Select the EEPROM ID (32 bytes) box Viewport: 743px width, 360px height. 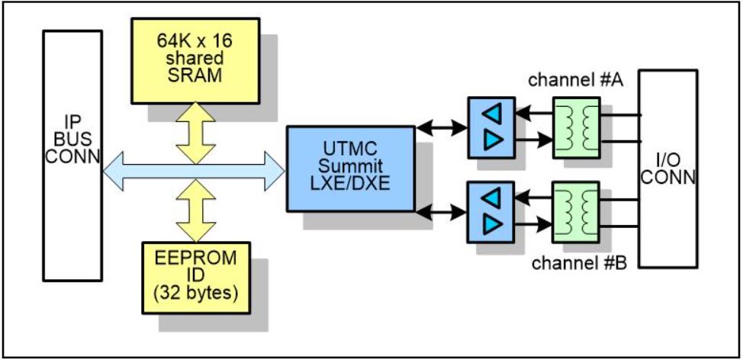point(195,276)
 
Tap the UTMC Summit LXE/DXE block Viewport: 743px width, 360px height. point(351,169)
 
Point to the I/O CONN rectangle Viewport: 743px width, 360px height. point(668,169)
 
